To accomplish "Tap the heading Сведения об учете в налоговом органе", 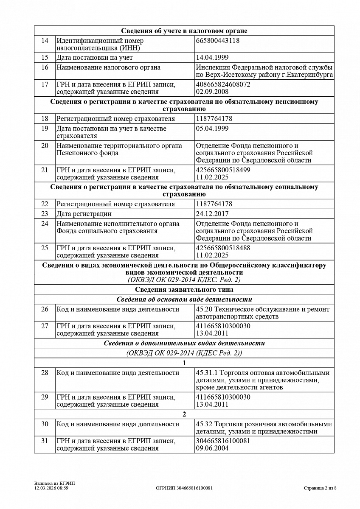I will click(x=184, y=31).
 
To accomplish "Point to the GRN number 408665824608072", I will click(x=223, y=84).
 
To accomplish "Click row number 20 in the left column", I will click(x=45, y=145).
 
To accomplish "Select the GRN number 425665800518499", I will click(x=223, y=170).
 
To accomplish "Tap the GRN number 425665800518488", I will click(x=223, y=248).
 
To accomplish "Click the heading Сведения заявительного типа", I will click(x=184, y=290).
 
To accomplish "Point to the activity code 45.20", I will click(x=204, y=309).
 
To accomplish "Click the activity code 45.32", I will click(x=204, y=424).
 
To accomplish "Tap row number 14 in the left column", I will click(x=45, y=41).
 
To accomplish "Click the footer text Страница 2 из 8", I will click(x=320, y=488).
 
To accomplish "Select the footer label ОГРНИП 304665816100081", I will click(x=184, y=488).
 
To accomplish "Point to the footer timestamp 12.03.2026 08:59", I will click(x=51, y=488).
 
